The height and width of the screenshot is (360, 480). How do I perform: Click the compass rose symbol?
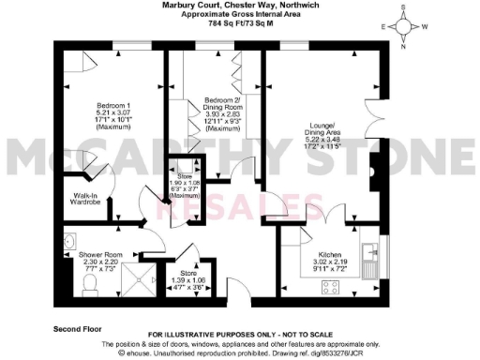(404, 26)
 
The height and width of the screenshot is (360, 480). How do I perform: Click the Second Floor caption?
(78, 329)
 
